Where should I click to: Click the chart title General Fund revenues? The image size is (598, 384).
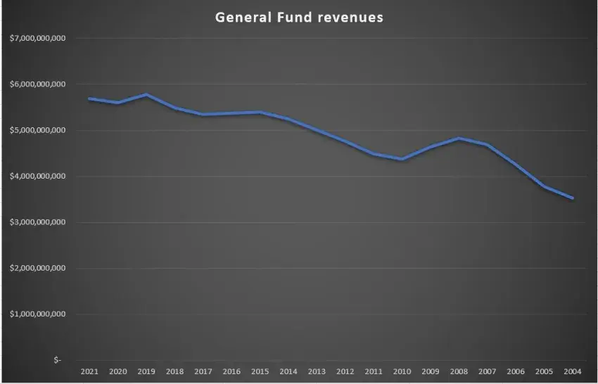299,17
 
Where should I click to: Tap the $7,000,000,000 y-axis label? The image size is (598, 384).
38,38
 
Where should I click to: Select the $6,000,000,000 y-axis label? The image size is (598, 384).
38,84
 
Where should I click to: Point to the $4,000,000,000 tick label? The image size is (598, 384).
38,177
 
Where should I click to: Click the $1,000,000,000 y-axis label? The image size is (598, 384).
38,314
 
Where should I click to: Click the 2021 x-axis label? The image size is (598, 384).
89,371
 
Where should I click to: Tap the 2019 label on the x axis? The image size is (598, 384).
146,371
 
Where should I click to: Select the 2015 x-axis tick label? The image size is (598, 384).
260,371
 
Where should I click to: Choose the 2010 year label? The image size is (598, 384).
402,371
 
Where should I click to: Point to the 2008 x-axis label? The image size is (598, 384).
459,371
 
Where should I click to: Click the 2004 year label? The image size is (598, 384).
573,371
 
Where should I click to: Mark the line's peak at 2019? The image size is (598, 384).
146,94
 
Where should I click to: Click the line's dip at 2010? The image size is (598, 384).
402,160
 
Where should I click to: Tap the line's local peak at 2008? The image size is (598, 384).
459,138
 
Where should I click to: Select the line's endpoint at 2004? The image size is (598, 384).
573,198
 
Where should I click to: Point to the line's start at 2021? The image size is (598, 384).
89,98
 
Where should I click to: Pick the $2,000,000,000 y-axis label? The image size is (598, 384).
38,269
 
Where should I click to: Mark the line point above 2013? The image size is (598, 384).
317,131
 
